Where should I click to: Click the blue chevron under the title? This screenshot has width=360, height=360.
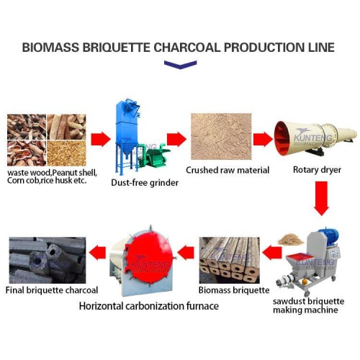(180, 65)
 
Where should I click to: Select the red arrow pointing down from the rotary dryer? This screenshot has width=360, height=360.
(322, 199)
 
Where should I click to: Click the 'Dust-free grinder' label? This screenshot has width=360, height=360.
(145, 183)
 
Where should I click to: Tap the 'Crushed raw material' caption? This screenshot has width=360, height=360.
(217, 171)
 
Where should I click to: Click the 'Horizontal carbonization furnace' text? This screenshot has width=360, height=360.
(149, 306)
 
